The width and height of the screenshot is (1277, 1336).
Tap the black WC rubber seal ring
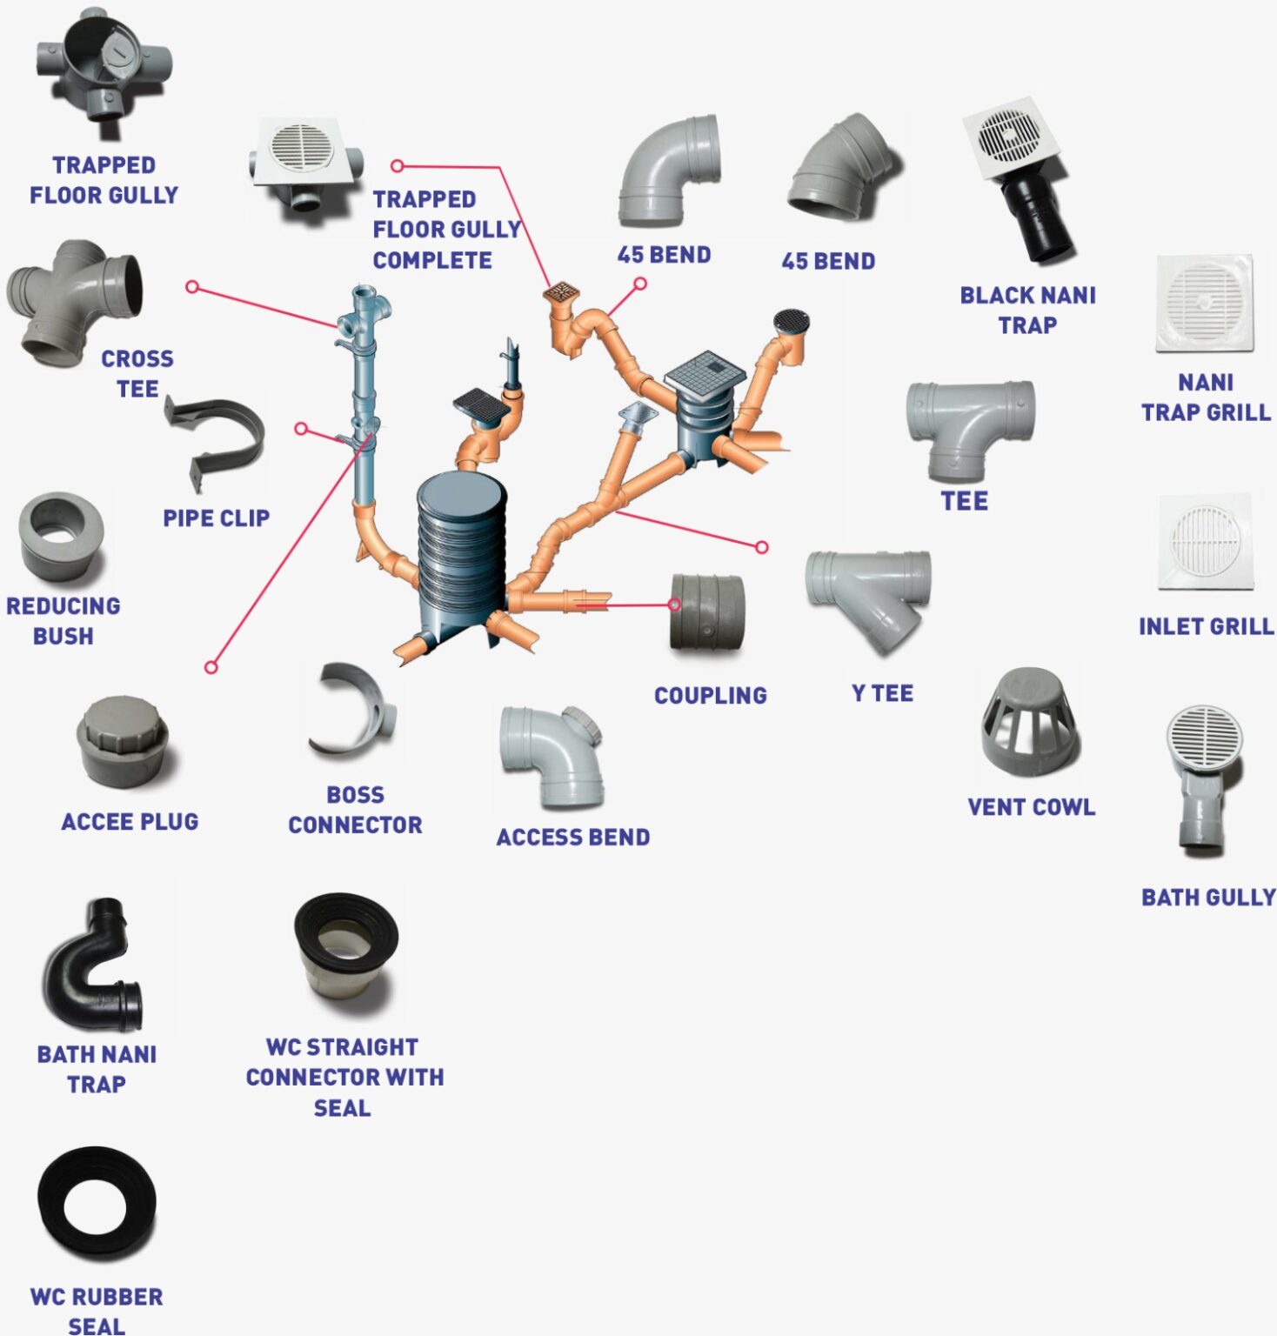pyautogui.click(x=97, y=1205)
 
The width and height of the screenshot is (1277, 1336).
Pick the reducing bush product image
pyautogui.click(x=61, y=536)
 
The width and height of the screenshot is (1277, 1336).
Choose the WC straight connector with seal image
pyautogui.click(x=346, y=951)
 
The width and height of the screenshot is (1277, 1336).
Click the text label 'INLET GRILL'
pyautogui.click(x=1206, y=626)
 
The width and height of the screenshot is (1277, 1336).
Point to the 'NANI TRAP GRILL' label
pyautogui.click(x=1206, y=397)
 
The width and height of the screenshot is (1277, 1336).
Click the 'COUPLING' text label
pyautogui.click(x=711, y=696)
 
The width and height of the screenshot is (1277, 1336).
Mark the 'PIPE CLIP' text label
pyautogui.click(x=216, y=518)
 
